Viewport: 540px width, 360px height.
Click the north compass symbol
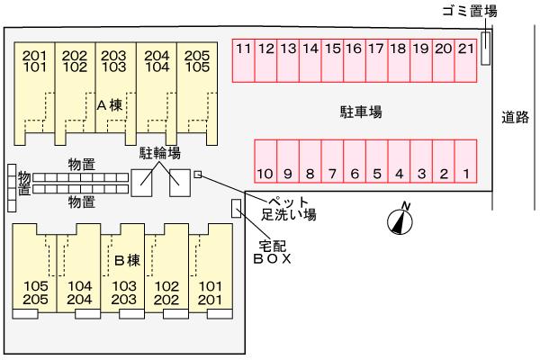pyautogui.click(x=399, y=218)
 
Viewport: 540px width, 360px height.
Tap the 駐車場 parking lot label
pyautogui.click(x=362, y=112)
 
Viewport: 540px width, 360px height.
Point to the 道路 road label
pyautogui.click(x=516, y=117)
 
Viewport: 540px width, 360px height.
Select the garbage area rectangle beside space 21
pyautogui.click(x=485, y=48)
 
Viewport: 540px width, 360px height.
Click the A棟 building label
pyautogui.click(x=110, y=104)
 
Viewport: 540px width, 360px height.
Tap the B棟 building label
pyautogui.click(x=127, y=261)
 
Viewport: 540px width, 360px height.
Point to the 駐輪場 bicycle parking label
pyautogui.click(x=159, y=154)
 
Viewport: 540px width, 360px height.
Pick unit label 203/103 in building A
pyautogui.click(x=113, y=60)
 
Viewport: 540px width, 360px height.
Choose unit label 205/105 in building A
pyautogui.click(x=197, y=60)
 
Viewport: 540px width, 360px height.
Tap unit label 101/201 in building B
pyautogui.click(x=209, y=292)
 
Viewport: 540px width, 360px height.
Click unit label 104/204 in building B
pyautogui.click(x=79, y=292)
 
